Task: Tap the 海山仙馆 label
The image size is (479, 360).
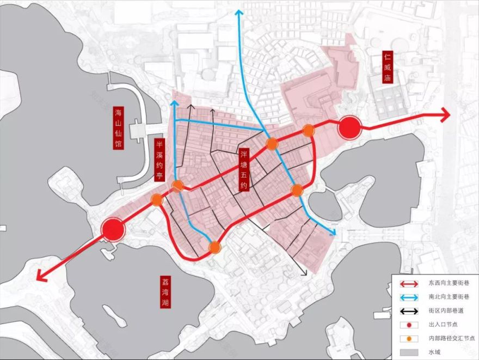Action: (x=118, y=129)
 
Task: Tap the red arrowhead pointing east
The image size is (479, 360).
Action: (x=445, y=115)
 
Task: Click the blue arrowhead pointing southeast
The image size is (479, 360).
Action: (x=331, y=233)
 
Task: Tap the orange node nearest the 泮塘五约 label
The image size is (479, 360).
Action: (x=272, y=143)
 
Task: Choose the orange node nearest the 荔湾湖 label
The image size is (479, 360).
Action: (x=215, y=248)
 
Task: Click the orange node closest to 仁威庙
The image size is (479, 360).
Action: (x=308, y=130)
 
